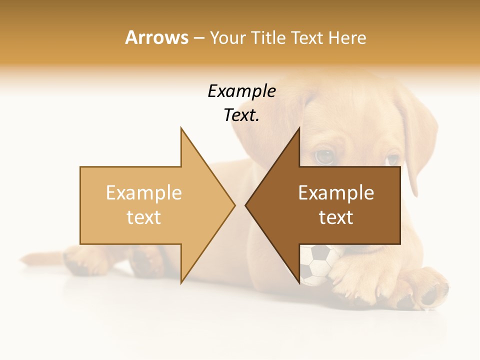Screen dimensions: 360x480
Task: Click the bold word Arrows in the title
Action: (x=156, y=37)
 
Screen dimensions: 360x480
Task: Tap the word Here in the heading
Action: (x=347, y=38)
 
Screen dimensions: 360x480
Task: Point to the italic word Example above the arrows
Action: (x=241, y=91)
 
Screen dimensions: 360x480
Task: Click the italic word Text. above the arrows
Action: (x=241, y=115)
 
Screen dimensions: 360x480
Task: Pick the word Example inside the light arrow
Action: (x=143, y=193)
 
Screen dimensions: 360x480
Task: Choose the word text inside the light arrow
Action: (x=143, y=217)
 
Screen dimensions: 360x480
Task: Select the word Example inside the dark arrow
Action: (x=336, y=193)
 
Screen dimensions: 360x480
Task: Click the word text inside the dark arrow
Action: (x=336, y=217)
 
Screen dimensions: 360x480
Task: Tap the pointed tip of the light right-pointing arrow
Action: (x=235, y=205)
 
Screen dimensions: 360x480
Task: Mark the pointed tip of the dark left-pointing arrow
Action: (x=245, y=205)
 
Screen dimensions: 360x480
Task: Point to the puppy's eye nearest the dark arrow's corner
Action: (x=324, y=157)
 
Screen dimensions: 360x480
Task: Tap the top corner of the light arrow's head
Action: (x=181, y=128)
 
